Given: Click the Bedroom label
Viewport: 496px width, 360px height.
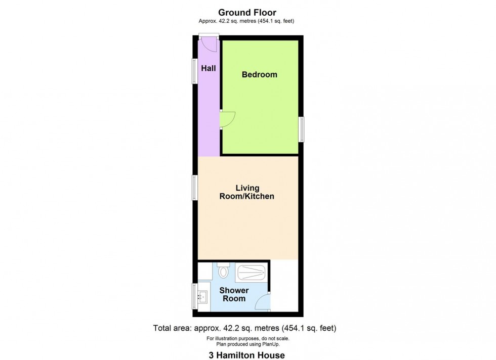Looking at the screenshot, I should coord(259,75).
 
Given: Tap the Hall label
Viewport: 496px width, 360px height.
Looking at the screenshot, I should coord(209,68).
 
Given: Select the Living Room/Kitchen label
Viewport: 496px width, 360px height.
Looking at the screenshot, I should coord(246,192).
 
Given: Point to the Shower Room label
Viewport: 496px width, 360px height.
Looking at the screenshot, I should coord(233,294).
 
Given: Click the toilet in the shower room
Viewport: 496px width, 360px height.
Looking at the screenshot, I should coord(223,272).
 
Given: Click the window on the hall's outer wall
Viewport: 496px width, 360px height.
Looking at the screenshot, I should coord(194,71).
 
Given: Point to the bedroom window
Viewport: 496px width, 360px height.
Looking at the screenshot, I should coord(301,129).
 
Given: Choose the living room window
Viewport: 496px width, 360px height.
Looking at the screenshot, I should coord(194,187).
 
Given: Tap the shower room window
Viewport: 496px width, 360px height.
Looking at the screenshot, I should coord(194,296).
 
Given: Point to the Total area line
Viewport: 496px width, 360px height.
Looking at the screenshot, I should coord(245,328).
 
